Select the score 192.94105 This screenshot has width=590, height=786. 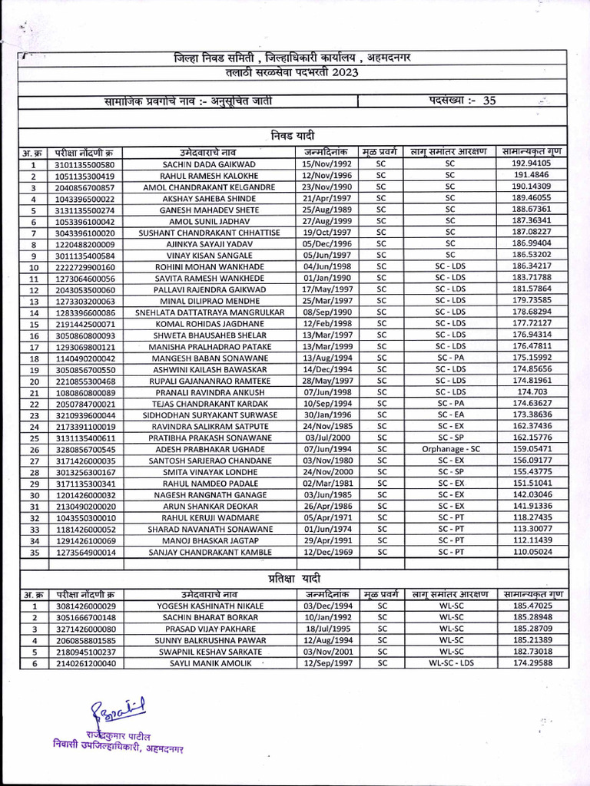pyautogui.click(x=531, y=163)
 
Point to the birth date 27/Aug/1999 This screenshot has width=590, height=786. pyautogui.click(x=326, y=221)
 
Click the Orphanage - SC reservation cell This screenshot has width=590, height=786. pyautogui.click(x=450, y=448)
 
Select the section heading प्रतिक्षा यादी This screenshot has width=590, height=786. pyautogui.click(x=294, y=577)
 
